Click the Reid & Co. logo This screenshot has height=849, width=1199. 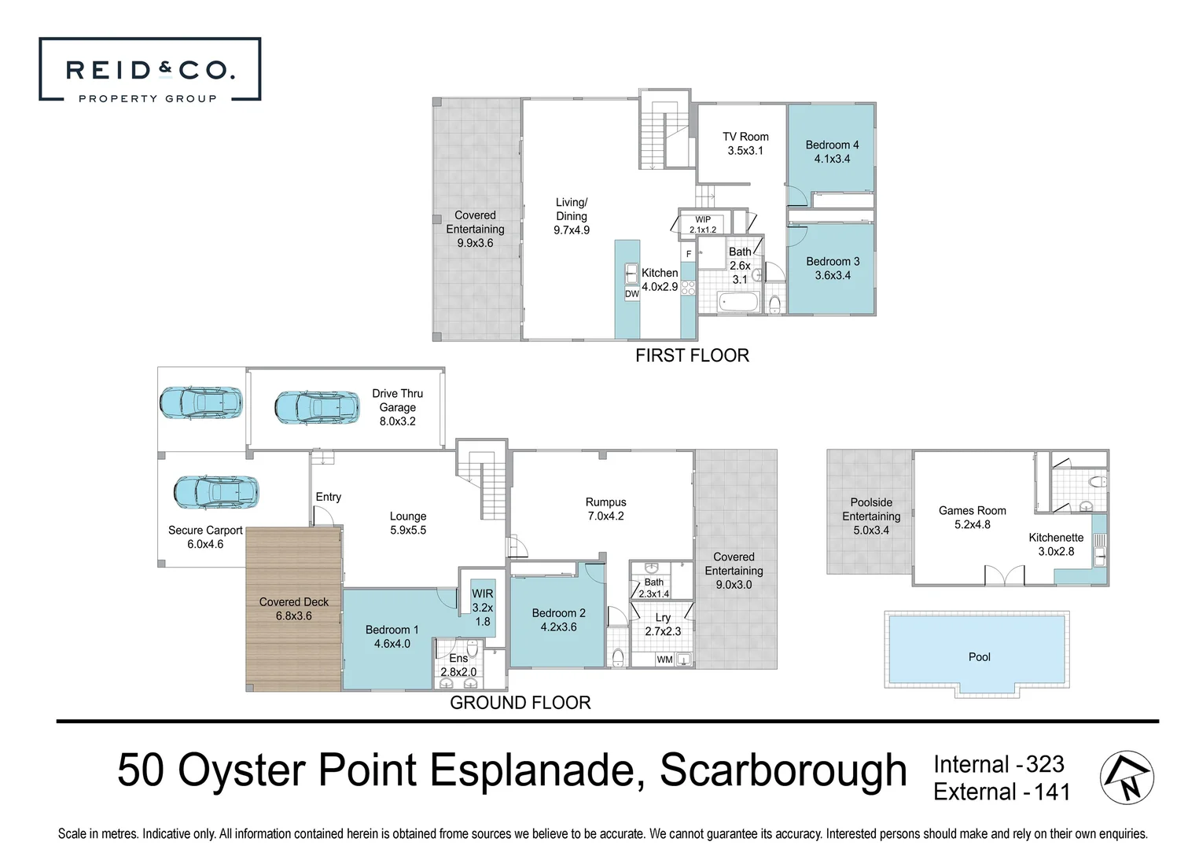pos(150,69)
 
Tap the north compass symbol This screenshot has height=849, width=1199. pos(1127,777)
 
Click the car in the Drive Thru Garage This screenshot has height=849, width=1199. pos(317,408)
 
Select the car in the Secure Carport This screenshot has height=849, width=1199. pos(216,492)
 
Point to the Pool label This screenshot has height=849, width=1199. pos(979,657)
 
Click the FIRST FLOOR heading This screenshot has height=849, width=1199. pos(692,355)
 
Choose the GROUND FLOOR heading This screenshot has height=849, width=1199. pos(520,702)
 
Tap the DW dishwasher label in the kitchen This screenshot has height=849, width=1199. pos(632,294)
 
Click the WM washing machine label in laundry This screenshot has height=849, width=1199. pos(664,660)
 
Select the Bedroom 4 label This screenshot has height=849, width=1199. pos(833,145)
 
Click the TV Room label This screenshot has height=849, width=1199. pos(745,137)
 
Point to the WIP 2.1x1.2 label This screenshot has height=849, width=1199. pos(703,224)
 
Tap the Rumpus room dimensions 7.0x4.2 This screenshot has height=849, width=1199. pos(606,516)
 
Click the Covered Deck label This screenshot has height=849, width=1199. pos(294,601)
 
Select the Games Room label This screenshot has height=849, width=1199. pos(972,511)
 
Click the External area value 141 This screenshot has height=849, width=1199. pos(1052,792)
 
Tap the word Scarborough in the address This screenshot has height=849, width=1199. pos(783,771)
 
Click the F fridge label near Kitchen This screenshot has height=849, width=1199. pos(689,254)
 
